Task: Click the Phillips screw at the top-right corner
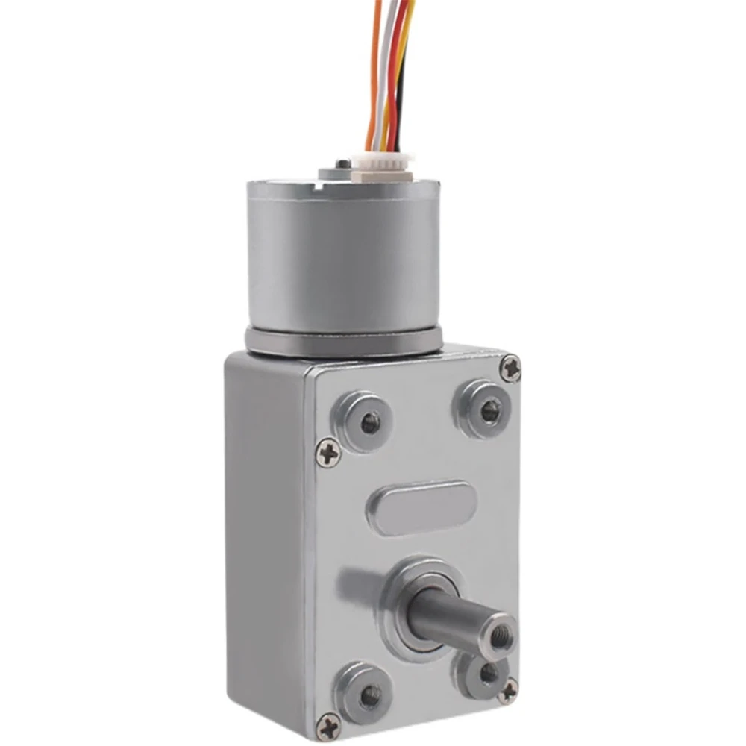[x=510, y=369]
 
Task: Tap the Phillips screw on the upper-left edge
[x=327, y=453]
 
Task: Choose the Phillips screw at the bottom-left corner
[x=328, y=726]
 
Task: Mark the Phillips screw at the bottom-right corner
[x=508, y=690]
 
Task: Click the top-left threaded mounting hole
[x=369, y=423]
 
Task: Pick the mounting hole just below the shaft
[x=488, y=674]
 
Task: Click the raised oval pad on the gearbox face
[x=422, y=509]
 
